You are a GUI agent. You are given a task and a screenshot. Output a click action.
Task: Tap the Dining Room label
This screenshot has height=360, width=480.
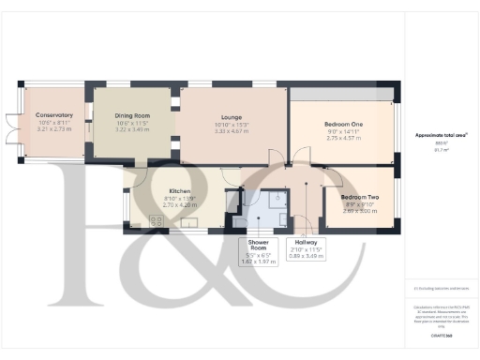130,117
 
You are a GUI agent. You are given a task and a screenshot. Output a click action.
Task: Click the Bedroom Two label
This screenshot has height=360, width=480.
347,198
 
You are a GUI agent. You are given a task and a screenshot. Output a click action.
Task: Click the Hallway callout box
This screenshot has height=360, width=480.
306,247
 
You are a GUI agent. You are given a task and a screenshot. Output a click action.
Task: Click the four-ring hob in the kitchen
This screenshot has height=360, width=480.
157,222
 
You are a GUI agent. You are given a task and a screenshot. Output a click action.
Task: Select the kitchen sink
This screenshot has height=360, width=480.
189,223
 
